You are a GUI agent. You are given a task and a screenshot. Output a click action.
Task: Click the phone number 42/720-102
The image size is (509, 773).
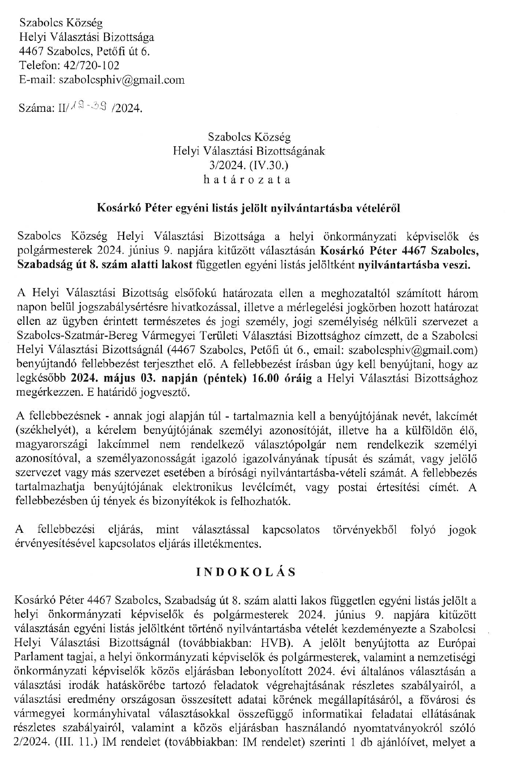pos(92,65)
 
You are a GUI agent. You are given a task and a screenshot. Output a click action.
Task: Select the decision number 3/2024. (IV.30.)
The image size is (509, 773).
pos(249,165)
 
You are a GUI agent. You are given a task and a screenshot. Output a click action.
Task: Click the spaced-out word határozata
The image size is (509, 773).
pos(247,180)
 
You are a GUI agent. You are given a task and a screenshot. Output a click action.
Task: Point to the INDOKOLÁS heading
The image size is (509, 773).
pos(246,573)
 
